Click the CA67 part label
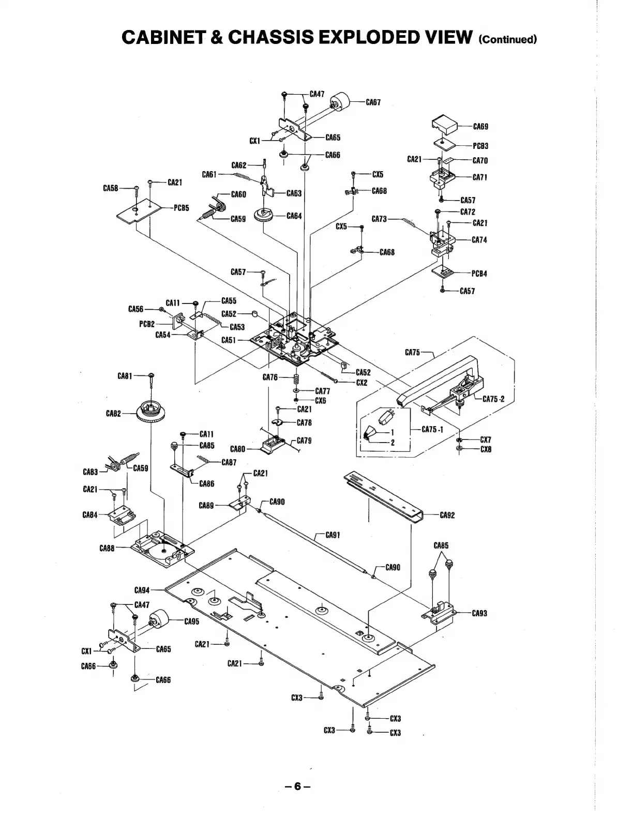[x=373, y=102]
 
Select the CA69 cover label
[x=480, y=126]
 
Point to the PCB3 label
[x=480, y=146]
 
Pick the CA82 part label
[x=113, y=414]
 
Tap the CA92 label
[x=447, y=515]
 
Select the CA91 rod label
[x=333, y=535]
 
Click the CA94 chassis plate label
[x=142, y=590]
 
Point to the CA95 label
[x=191, y=621]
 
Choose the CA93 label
[x=479, y=613]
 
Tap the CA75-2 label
[x=493, y=399]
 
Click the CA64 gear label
[x=294, y=216]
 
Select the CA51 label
[x=229, y=340]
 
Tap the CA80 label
[x=237, y=449]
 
